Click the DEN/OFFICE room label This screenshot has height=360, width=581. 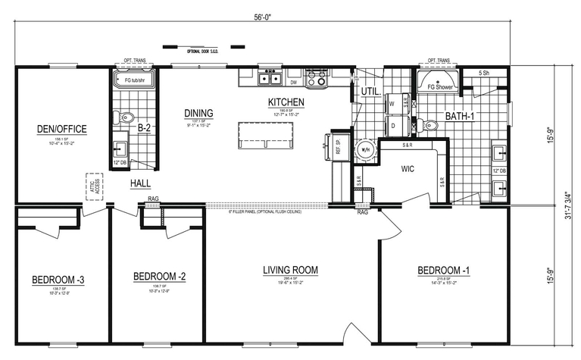coord(62,129)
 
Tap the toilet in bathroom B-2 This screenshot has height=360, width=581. coord(127,117)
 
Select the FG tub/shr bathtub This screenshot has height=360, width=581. coord(134,79)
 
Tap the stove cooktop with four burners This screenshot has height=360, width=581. coord(316,77)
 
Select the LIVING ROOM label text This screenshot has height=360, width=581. coord(290,270)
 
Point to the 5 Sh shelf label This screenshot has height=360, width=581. coord(483,74)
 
